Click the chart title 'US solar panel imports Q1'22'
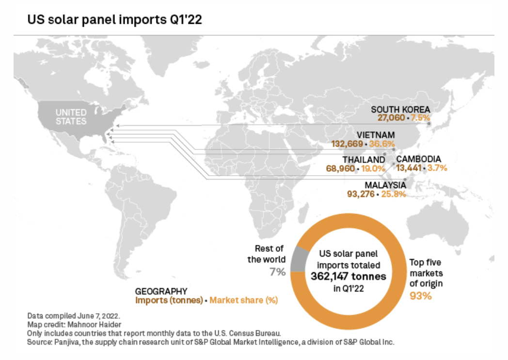pos(114,20)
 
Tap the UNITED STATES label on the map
pos(71,117)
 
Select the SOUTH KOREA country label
pos(400,110)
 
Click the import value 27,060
pos(392,118)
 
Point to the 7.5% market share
pos(420,118)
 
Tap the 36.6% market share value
pos(382,144)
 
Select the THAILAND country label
pos(364,160)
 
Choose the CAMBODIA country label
pos(419,159)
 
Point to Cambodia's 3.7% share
pos(437,168)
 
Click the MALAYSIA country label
pos(385,185)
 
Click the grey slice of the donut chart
pos(300,257)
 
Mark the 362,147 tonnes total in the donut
pos(349,277)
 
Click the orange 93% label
pos(420,295)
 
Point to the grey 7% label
pos(277,271)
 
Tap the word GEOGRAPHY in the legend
pos(161,292)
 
